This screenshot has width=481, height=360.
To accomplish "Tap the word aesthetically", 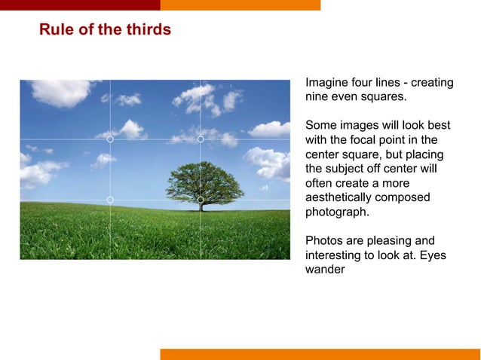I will (341, 197).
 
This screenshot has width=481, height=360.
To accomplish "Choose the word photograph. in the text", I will (337, 212).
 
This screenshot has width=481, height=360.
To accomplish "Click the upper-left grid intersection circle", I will (110, 139).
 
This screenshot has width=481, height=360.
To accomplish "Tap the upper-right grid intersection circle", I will (201, 139).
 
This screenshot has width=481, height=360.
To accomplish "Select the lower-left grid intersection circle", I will (110, 200).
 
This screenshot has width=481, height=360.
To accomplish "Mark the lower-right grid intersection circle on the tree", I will (201, 200).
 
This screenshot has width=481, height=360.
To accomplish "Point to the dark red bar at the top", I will (80, 5).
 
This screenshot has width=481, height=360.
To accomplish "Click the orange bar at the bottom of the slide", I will (320, 354).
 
